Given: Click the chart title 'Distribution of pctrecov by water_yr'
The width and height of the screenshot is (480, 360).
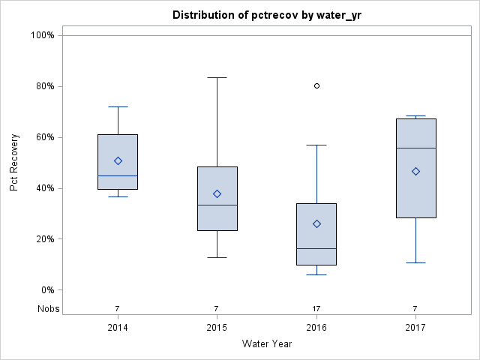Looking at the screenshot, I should [266, 15].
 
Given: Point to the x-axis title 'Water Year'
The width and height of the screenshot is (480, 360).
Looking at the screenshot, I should [266, 344].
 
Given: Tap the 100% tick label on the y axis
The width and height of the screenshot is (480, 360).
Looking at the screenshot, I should [42, 35].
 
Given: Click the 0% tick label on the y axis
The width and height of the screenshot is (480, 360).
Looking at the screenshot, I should [46, 290].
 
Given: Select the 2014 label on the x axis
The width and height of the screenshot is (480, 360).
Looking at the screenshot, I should [118, 328].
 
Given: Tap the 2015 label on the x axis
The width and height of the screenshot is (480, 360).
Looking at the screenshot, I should [217, 328].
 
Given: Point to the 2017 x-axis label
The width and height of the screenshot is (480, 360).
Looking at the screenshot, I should [415, 328].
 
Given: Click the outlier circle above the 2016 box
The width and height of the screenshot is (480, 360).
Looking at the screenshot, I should [316, 86].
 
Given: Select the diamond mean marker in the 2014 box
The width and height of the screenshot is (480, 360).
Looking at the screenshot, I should [118, 160].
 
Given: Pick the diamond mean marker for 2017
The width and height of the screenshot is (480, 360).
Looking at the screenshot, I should [415, 171].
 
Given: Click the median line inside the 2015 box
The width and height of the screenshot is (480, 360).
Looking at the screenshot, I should [217, 205].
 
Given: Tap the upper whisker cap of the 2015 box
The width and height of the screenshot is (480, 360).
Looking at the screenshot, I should [217, 77].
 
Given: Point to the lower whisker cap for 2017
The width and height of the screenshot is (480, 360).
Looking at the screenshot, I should [415, 262].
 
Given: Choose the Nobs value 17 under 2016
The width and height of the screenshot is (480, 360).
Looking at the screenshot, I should [316, 308].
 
